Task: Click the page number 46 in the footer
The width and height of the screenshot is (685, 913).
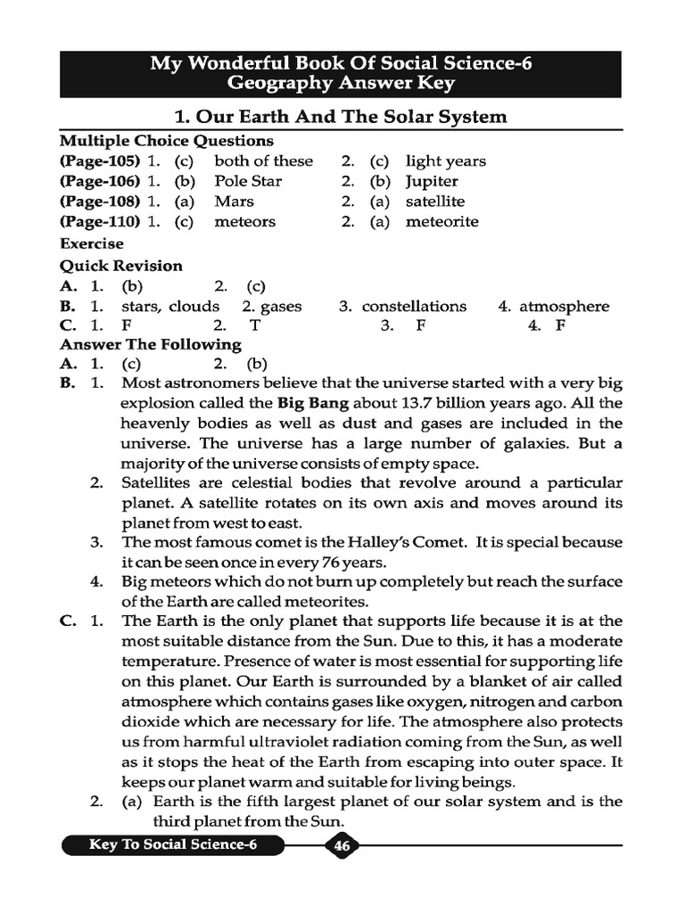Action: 342,846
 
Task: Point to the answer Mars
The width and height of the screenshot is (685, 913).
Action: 234,202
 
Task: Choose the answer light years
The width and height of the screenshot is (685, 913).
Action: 445,161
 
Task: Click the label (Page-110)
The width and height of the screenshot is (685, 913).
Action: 100,221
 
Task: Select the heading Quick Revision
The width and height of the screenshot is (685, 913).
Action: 120,266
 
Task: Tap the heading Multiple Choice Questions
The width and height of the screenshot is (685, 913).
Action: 166,141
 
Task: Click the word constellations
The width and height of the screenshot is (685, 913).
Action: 414,306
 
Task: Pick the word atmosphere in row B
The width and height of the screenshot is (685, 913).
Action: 564,306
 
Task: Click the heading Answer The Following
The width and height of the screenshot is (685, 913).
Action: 150,344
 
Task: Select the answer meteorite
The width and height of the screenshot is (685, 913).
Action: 442,221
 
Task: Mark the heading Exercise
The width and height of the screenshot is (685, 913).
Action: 92,243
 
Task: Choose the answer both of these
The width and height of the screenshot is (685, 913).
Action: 263,161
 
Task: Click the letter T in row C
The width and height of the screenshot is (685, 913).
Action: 255,325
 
